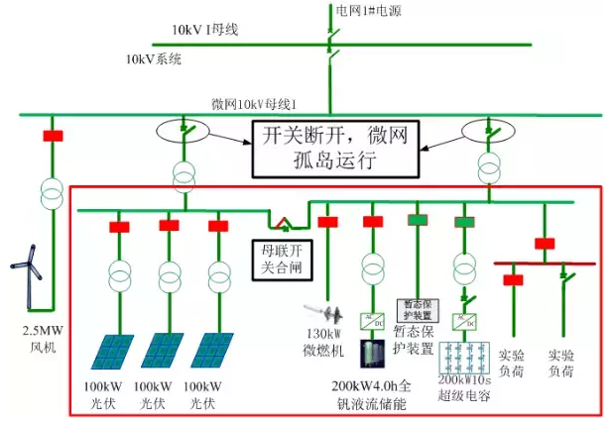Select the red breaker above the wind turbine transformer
tap(53, 136)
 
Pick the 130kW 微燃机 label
tap(323, 342)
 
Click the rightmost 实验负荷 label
tap(560, 363)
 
